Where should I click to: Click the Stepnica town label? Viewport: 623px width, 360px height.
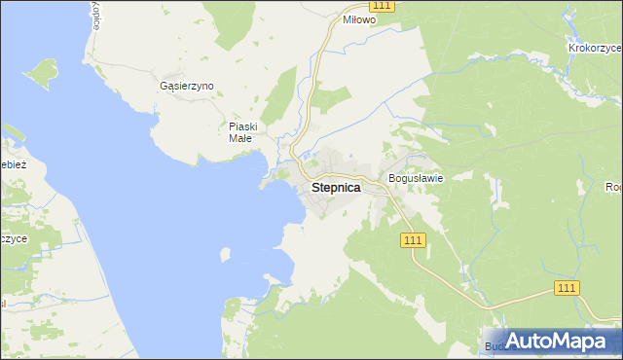tap(336, 188)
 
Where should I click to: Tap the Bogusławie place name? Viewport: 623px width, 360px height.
tap(416, 178)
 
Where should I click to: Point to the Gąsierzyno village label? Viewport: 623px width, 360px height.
tap(186, 86)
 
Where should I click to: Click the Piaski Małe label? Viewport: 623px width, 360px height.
tap(241, 132)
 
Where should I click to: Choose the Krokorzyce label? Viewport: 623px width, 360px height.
tap(595, 47)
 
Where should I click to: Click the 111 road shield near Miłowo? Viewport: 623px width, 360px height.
tap(383, 6)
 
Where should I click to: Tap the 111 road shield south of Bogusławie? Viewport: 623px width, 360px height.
tap(413, 240)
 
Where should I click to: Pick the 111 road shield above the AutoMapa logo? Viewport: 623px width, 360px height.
tap(568, 288)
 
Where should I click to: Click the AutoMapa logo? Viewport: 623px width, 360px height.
tap(551, 342)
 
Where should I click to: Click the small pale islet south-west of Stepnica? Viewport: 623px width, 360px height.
tap(226, 255)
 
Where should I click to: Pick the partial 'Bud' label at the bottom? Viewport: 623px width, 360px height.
tap(495, 346)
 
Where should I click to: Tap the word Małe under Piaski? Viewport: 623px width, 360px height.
tap(240, 138)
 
